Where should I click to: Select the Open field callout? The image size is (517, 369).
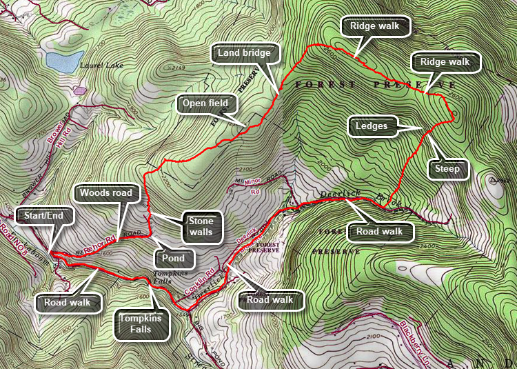coord(205,104)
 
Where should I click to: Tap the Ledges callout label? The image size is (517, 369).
coord(372,126)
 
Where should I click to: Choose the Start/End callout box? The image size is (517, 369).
coord(39,216)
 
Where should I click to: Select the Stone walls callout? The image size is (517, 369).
coord(203,227)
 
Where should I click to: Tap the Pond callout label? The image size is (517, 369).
coord(174,258)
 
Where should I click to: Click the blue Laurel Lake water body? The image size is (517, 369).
coord(61,61)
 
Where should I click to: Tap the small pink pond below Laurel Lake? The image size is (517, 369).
coord(80,90)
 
